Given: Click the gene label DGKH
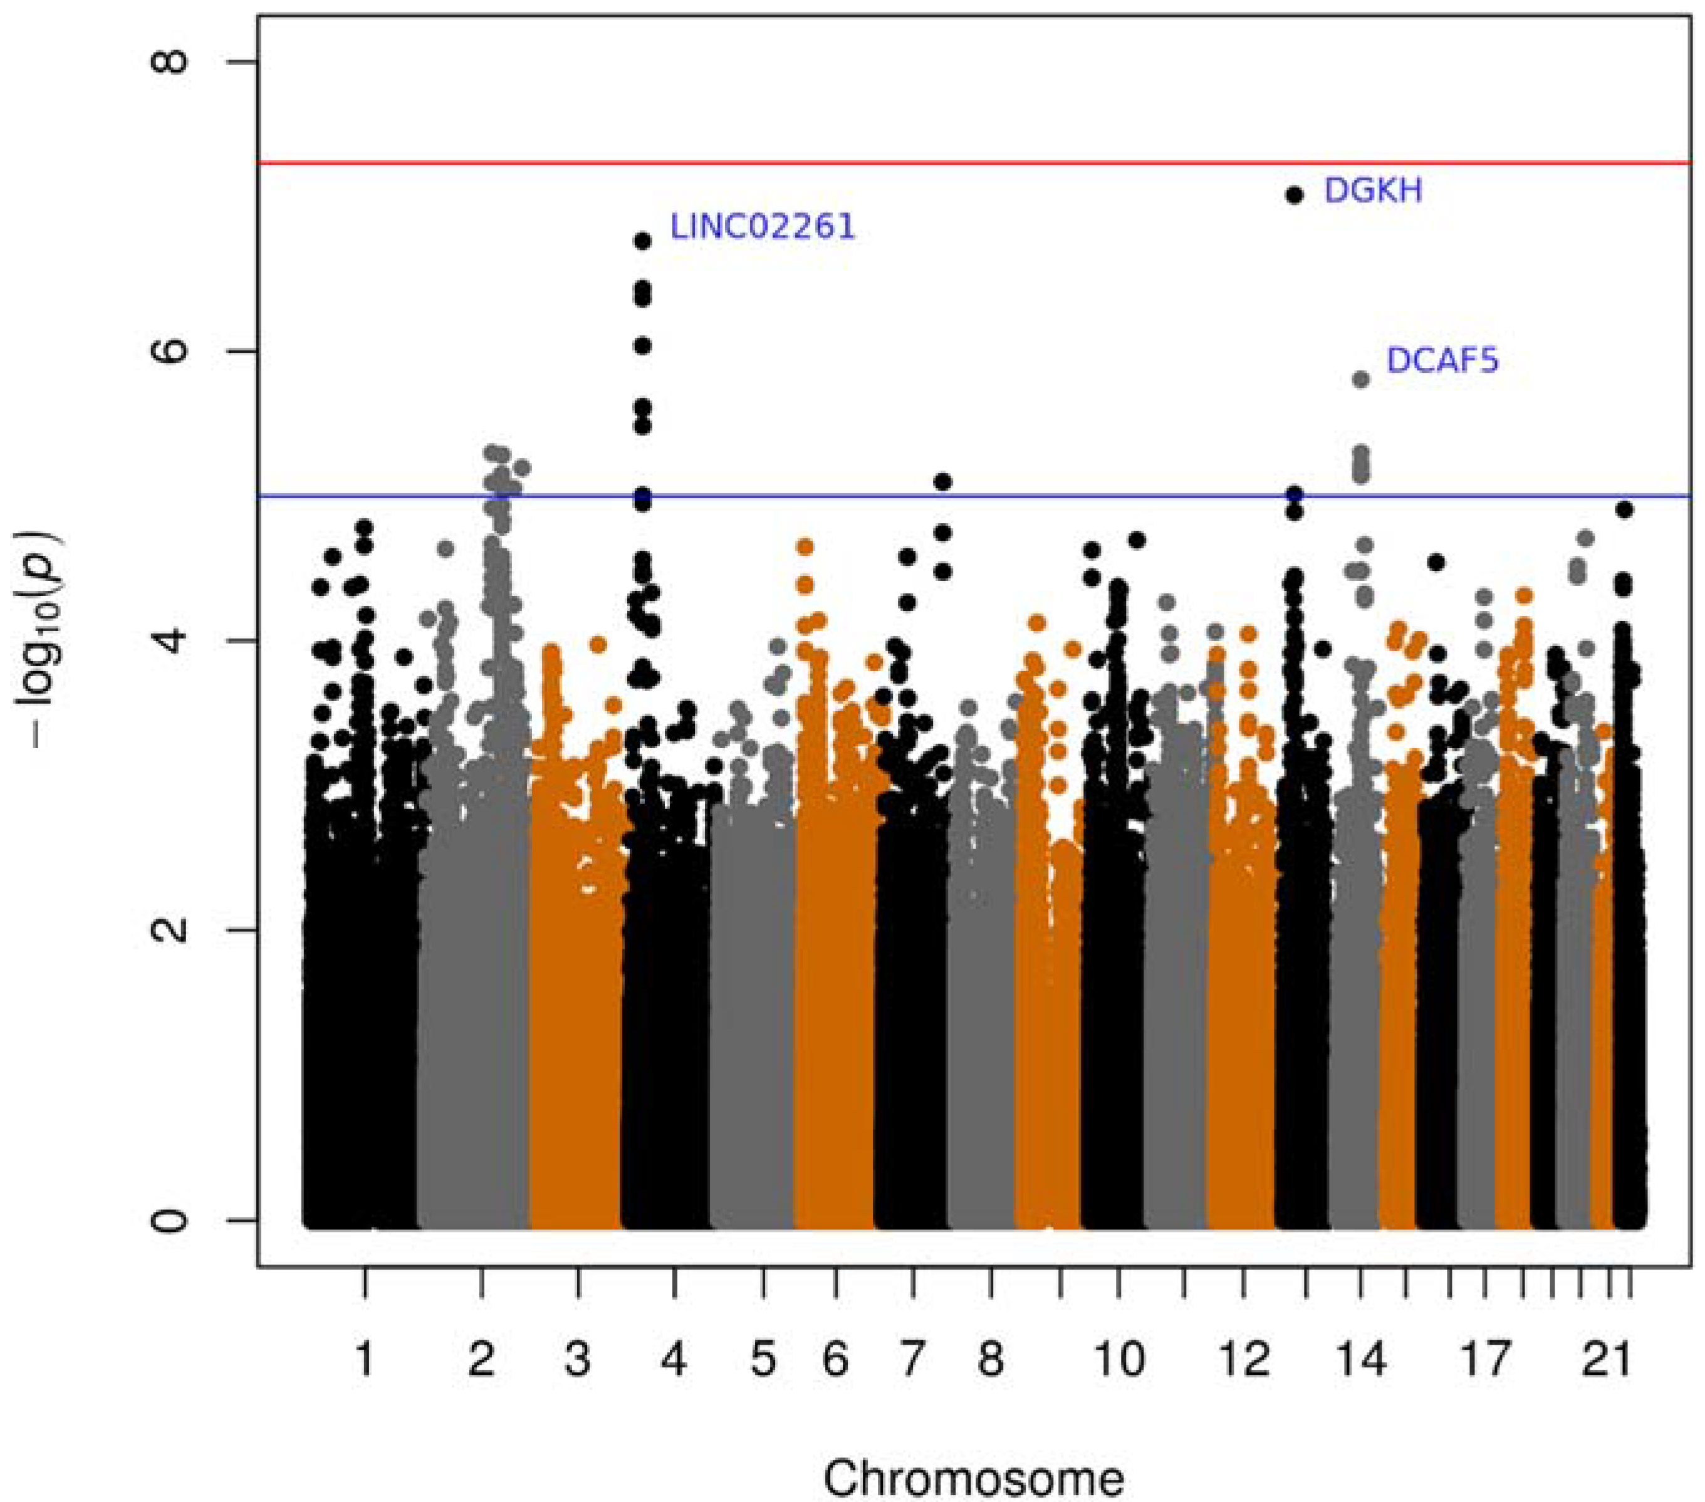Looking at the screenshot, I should point(1373,191).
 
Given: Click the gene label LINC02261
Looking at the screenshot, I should point(763,227).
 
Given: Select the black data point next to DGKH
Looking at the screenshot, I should point(1295,195).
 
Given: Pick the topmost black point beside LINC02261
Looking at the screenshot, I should point(642,241).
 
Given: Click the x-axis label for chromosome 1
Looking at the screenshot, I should point(365,1359).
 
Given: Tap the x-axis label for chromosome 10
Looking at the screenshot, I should point(1118,1359).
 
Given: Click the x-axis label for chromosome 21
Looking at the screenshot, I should point(1607,1359).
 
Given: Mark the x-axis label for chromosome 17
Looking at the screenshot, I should point(1486,1359).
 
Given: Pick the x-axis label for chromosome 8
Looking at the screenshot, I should point(990,1359).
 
